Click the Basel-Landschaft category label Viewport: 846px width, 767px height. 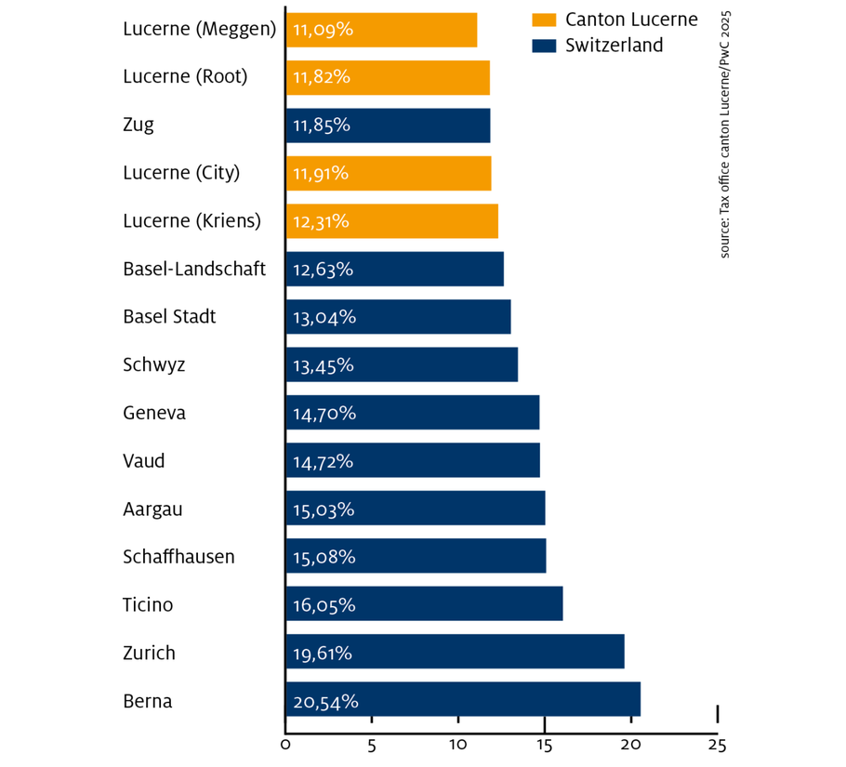(x=194, y=270)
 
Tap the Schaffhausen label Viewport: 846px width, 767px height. (x=178, y=557)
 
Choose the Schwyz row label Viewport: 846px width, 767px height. (x=154, y=364)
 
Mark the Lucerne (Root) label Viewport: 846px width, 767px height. (x=185, y=77)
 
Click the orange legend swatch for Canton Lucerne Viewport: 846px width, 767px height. (x=543, y=20)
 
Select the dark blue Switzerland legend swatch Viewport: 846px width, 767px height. (x=543, y=45)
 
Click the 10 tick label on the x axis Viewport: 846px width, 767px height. (x=457, y=744)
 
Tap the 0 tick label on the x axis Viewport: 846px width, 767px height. (x=285, y=744)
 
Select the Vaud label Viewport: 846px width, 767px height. (x=144, y=460)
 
